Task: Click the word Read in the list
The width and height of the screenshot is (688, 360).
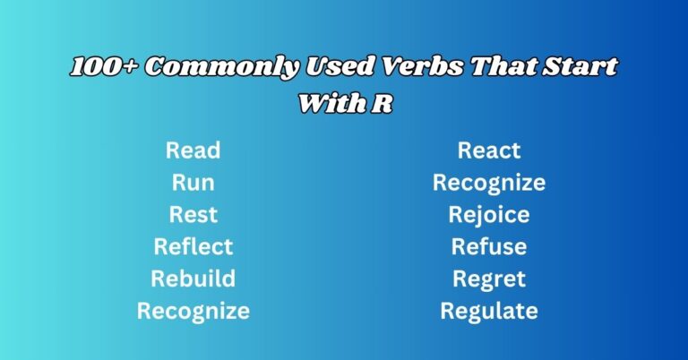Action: pyautogui.click(x=193, y=150)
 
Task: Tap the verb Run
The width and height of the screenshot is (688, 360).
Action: pyautogui.click(x=193, y=183)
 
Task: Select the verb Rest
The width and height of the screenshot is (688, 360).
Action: pyautogui.click(x=193, y=215)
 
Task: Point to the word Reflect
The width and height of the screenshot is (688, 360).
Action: pyautogui.click(x=193, y=246)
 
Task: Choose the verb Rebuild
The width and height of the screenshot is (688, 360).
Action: pyautogui.click(x=193, y=279)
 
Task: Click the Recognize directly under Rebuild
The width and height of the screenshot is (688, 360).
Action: pyautogui.click(x=193, y=311)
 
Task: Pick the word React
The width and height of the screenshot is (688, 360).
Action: pyautogui.click(x=489, y=150)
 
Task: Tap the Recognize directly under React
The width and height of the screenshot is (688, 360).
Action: pyautogui.click(x=489, y=183)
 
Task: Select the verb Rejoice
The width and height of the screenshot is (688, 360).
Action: pyautogui.click(x=489, y=215)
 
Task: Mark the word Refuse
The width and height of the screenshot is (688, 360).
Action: pyautogui.click(x=489, y=246)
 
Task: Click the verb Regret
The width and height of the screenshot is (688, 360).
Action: pyautogui.click(x=489, y=279)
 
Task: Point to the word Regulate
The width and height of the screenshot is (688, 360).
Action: pyautogui.click(x=489, y=311)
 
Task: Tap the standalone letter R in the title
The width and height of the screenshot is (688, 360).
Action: pyautogui.click(x=381, y=104)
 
